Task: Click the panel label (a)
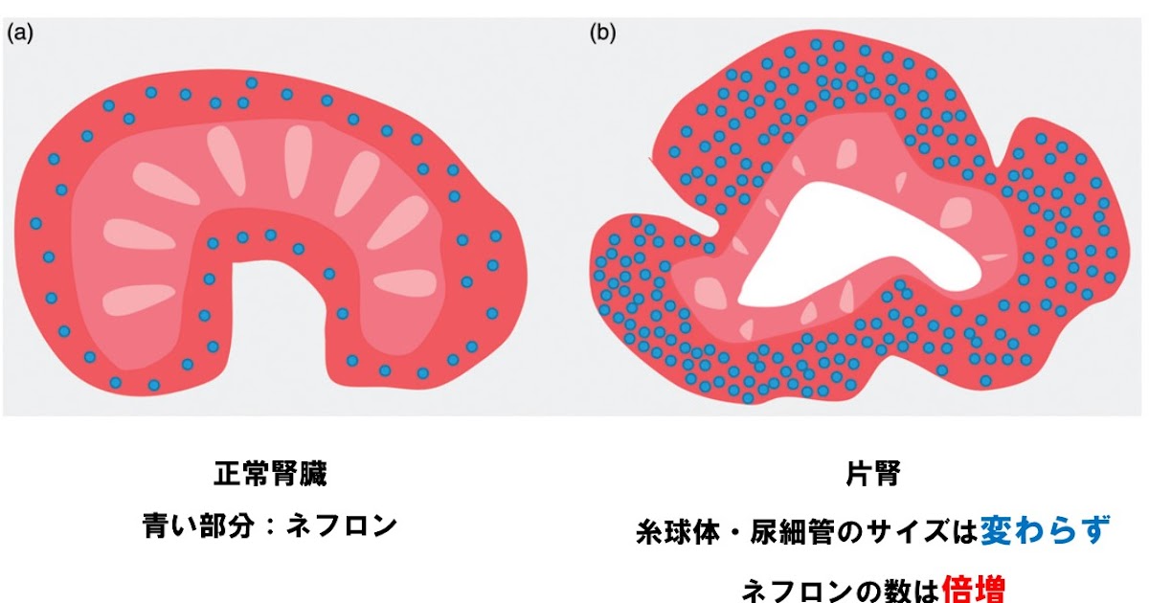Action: point(20,34)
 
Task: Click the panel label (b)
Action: point(602,34)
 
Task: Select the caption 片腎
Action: point(872,473)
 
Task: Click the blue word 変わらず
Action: point(1045,529)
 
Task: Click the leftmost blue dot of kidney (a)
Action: point(36,223)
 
